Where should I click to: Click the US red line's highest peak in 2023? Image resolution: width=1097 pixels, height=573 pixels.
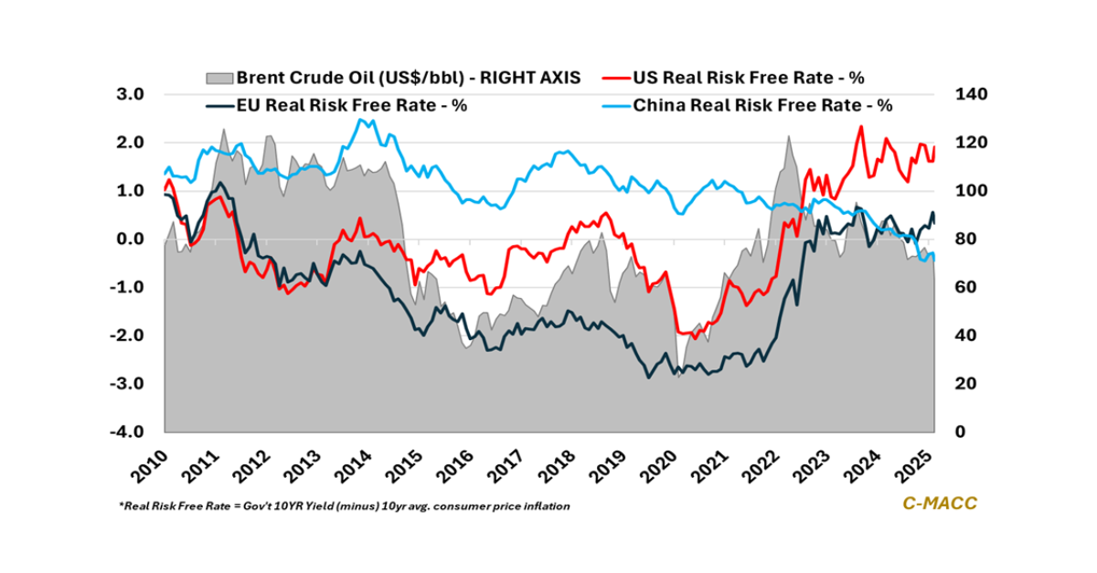860,127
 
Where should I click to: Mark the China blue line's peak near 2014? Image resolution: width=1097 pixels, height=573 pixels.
361,119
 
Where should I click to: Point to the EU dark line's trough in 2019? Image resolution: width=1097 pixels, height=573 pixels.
649,377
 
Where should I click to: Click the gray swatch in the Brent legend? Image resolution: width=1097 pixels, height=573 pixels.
219,77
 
